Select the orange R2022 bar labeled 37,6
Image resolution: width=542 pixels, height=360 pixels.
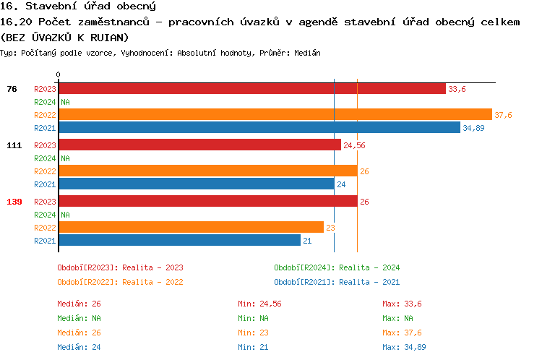point(275,115)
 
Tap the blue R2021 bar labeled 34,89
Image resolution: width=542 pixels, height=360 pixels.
point(259,127)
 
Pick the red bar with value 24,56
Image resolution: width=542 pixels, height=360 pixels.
point(199,145)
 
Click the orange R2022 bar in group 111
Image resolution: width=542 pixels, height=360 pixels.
point(207,171)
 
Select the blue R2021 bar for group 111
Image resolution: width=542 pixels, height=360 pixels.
point(196,184)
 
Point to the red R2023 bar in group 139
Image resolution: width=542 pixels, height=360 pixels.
point(207,202)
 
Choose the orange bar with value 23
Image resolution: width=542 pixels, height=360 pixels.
point(191,227)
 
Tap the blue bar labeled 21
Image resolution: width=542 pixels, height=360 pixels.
point(179,240)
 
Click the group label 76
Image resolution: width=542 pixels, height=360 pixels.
point(12,89)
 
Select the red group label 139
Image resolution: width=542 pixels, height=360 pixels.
point(14,202)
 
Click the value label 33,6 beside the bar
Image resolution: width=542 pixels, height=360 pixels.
point(457,89)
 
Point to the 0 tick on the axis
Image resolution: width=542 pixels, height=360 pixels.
point(58,74)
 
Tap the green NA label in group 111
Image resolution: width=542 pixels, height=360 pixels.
point(65,158)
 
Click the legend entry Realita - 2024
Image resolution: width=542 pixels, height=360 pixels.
point(337,267)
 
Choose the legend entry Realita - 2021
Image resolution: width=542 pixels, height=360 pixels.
point(337,282)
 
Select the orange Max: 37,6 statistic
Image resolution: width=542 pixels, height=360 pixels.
point(402,333)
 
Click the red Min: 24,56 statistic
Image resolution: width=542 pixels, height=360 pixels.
point(259,304)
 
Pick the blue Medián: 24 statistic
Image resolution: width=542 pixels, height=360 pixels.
point(79,347)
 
